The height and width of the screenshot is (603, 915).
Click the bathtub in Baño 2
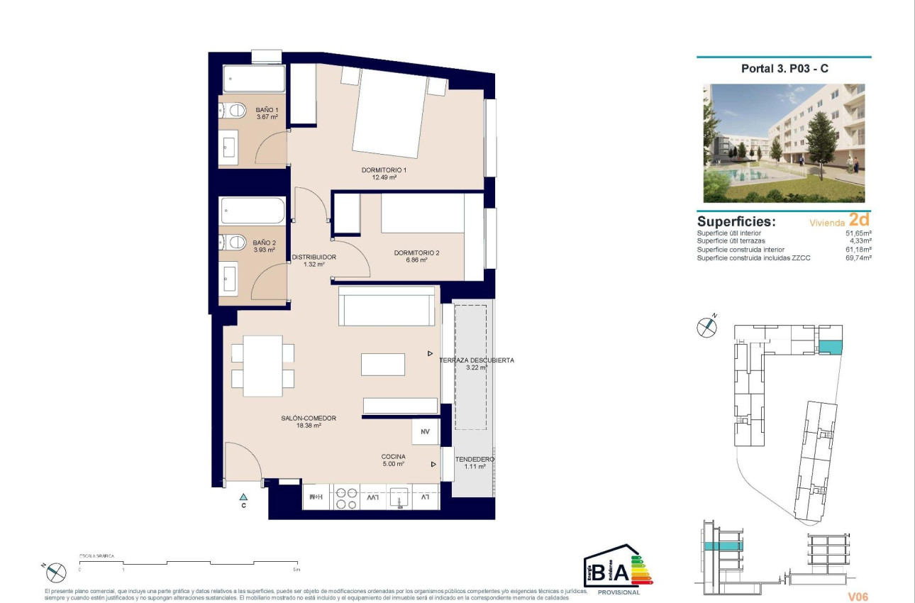point(253,211)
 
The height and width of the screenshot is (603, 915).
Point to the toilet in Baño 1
point(230,110)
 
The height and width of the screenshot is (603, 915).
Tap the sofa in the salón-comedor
point(387,306)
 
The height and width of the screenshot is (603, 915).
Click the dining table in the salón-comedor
point(262,365)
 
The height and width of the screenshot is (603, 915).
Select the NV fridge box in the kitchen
point(426,431)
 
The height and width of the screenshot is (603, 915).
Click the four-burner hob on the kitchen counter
point(345,498)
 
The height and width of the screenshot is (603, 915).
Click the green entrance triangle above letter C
point(243,497)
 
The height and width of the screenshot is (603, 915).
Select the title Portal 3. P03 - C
point(784,69)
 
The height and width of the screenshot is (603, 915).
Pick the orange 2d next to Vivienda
point(859,221)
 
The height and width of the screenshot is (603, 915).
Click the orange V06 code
point(858,597)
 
